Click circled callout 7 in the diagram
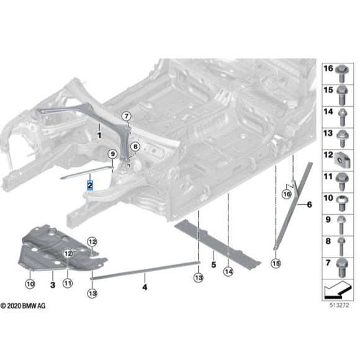tap(126, 116)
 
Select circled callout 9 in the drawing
tap(112, 154)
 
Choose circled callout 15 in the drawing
tap(276, 263)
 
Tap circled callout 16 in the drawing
tap(286, 194)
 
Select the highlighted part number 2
tap(91, 185)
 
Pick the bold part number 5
tap(212, 264)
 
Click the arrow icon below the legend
tap(338, 289)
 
